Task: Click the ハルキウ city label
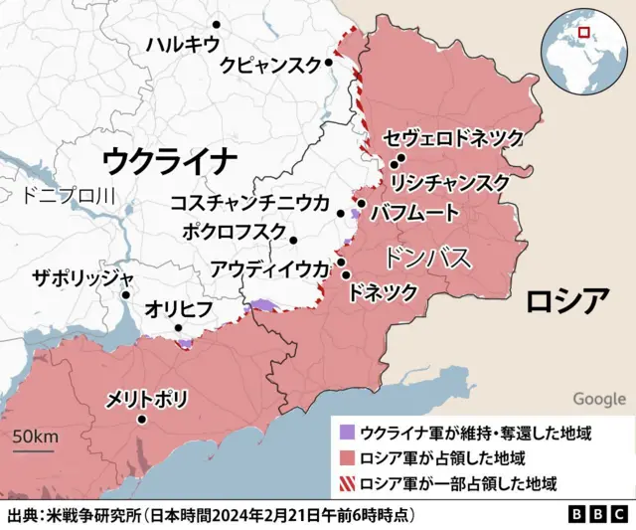tap(182, 44)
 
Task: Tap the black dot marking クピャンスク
tap(329, 62)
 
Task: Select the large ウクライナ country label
tap(170, 158)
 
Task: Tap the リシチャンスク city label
tap(450, 183)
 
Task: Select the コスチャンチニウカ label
tap(249, 203)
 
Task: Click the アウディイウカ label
tap(269, 267)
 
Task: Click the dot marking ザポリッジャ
tap(126, 294)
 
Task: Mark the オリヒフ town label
tap(179, 308)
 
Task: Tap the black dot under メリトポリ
tap(143, 420)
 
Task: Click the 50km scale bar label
tap(35, 438)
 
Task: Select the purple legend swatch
tap(346, 434)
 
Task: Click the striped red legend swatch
tap(346, 484)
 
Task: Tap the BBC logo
tap(598, 515)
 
